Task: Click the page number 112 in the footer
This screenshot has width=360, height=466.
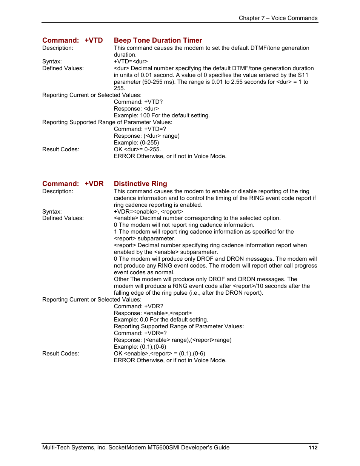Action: (x=313, y=448)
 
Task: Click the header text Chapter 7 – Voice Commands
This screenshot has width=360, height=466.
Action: (x=278, y=18)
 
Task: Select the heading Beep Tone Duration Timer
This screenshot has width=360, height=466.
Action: (x=158, y=40)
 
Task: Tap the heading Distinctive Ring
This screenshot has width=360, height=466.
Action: (x=140, y=184)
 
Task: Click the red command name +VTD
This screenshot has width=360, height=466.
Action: (x=94, y=40)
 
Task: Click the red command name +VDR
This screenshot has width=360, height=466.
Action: (x=94, y=184)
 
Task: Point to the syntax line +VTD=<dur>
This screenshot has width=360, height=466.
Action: (x=131, y=62)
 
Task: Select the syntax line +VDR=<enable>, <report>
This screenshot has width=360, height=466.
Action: (x=148, y=212)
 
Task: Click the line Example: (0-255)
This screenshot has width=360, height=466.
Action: (x=136, y=143)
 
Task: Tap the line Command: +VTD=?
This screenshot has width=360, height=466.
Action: (x=140, y=129)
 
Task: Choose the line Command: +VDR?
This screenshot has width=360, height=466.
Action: (x=138, y=306)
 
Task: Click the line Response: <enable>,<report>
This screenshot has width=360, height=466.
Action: (x=153, y=313)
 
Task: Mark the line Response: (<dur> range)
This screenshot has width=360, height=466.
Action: (x=146, y=136)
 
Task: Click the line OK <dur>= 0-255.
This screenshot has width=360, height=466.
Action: (x=137, y=149)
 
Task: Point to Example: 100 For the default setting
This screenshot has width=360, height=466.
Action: (x=162, y=115)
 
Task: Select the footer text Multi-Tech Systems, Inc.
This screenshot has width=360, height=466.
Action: (x=74, y=448)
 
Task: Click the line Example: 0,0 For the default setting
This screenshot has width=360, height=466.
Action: (x=161, y=320)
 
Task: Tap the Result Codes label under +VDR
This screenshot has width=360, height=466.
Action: (x=61, y=354)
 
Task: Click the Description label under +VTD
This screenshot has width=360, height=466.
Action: (x=58, y=48)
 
